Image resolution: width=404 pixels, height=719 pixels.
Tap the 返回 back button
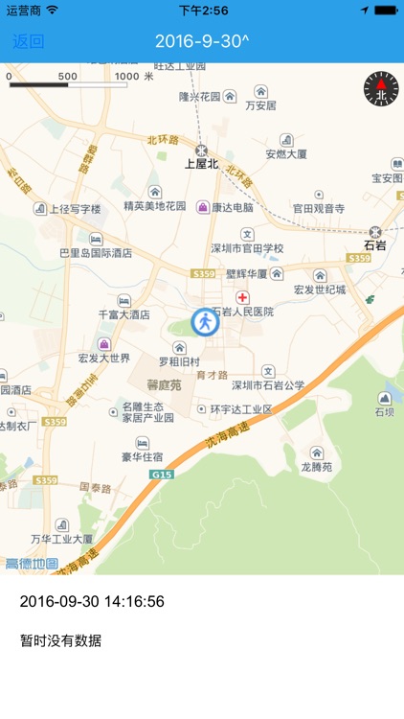point(28,41)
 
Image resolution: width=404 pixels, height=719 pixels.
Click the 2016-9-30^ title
point(202,41)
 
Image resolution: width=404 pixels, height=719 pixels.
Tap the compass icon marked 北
point(380,90)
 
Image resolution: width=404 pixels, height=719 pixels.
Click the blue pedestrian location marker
point(205,322)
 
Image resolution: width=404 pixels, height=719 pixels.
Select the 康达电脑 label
point(233,207)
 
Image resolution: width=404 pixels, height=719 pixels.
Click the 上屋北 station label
point(202,164)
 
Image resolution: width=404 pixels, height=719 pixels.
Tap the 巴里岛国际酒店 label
point(96,253)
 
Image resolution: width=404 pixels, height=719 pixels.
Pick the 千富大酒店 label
point(124,314)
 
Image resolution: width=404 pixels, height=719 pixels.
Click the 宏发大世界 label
point(104,359)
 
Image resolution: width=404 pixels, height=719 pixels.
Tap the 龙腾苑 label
point(315,467)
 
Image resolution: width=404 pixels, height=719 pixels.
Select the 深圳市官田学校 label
point(247,248)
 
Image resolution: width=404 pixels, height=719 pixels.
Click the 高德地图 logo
point(32,564)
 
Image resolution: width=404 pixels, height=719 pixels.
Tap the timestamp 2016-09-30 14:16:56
point(92,602)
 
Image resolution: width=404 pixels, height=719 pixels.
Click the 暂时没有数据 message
point(60,640)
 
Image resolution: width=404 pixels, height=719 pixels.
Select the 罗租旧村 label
point(179,362)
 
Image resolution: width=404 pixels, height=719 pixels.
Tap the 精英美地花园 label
point(155,206)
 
